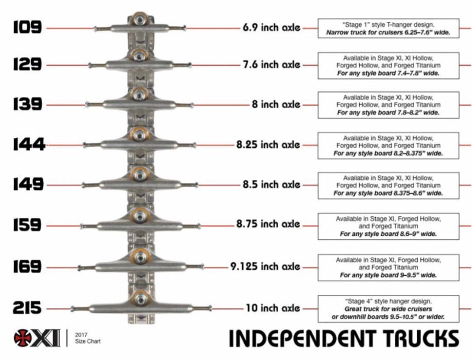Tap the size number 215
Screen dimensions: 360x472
click(27, 308)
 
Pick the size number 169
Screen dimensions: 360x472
click(27, 267)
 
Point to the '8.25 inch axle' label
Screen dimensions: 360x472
click(268, 145)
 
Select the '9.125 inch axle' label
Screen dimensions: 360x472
click(265, 267)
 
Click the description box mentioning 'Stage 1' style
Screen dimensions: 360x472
click(388, 28)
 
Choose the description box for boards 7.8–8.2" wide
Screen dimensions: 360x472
click(388, 104)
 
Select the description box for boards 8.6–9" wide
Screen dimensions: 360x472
click(388, 227)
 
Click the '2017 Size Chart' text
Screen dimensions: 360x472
click(88, 338)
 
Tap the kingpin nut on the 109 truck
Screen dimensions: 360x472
click(141, 20)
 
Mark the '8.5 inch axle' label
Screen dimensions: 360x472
click(272, 184)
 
